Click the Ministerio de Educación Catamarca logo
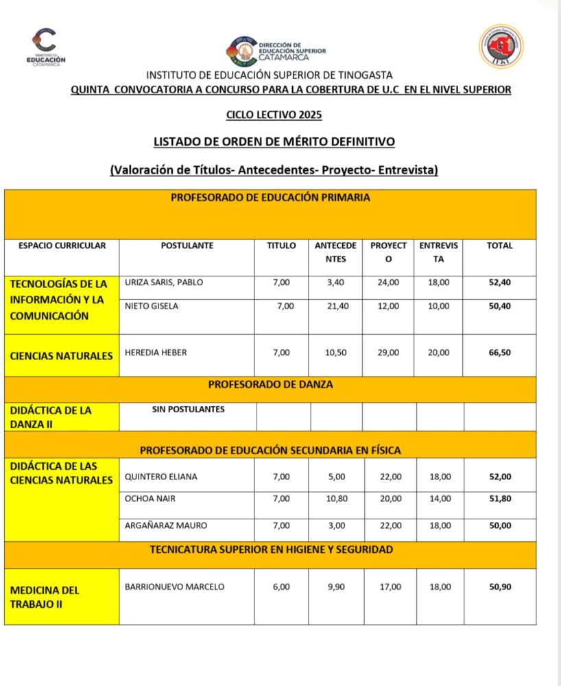tap(46, 47)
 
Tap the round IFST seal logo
tap(501, 46)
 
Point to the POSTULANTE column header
tap(187, 246)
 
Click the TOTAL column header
tap(499, 246)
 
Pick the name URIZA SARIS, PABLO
tap(164, 282)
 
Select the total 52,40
tap(499, 282)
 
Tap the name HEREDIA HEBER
tap(156, 353)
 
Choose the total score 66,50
tap(499, 353)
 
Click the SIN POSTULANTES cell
tap(189, 410)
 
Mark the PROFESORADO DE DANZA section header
tap(270, 385)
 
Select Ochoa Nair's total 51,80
tap(499, 499)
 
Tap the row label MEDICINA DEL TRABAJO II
tap(45, 597)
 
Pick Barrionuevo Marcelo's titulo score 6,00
tap(281, 587)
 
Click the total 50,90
tap(499, 587)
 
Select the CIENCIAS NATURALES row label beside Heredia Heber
tap(61, 356)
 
